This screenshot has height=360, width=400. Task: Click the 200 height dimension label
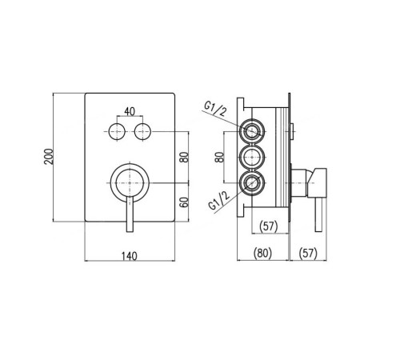pyautogui.click(x=49, y=157)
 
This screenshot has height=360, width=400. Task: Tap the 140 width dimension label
pyautogui.click(x=130, y=256)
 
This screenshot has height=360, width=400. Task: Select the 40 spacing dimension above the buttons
pyautogui.click(x=130, y=111)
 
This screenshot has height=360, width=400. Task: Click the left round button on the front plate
pyautogui.click(x=117, y=132)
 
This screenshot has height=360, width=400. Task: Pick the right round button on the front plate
pyautogui.click(x=142, y=132)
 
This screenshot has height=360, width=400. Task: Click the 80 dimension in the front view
pyautogui.click(x=184, y=157)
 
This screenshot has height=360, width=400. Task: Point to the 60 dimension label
pyautogui.click(x=184, y=202)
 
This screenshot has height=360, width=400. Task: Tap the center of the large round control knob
pyautogui.click(x=130, y=183)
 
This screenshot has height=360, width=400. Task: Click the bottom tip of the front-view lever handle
pyautogui.click(x=130, y=232)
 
